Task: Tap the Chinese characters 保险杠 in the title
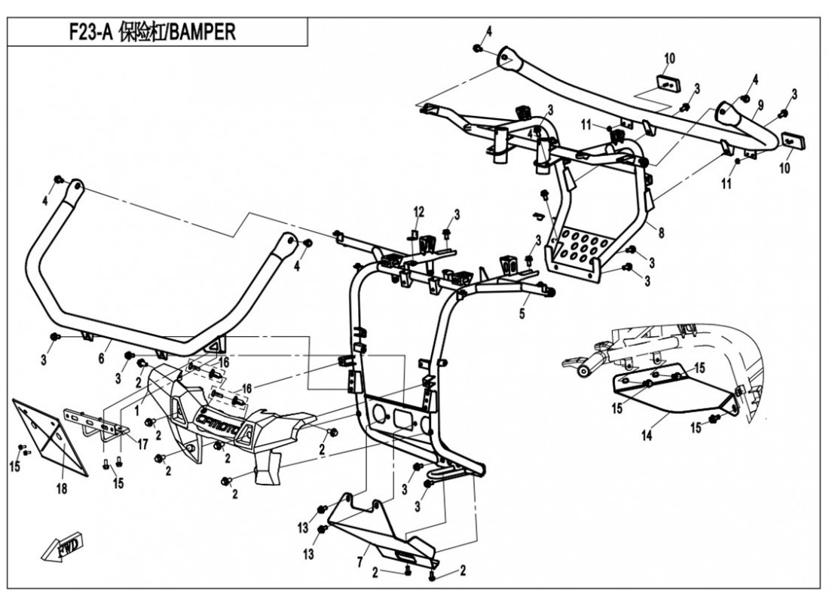pos(140,34)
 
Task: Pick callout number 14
pos(646,436)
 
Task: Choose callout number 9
pos(760,103)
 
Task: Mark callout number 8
pos(661,234)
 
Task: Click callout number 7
pos(361,562)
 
